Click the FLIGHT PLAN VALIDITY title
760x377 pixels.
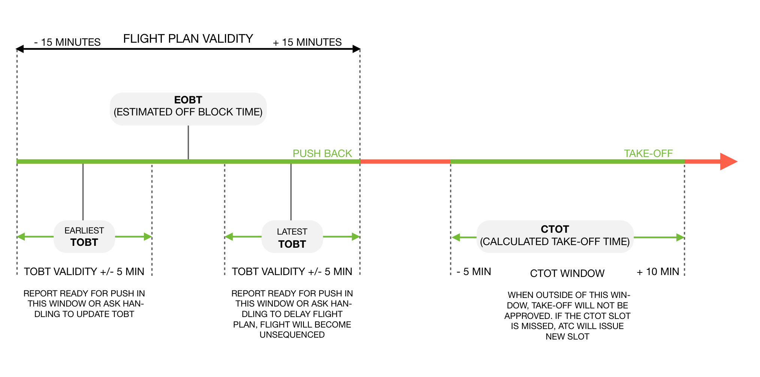tap(188, 39)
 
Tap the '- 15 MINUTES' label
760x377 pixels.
tap(67, 42)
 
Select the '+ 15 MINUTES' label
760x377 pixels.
tap(307, 42)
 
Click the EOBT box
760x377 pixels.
tap(188, 109)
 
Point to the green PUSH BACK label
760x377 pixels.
tap(322, 153)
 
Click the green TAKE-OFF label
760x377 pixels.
tap(648, 153)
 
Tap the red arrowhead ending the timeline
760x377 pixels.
tap(729, 162)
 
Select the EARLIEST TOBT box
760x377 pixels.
tap(84, 236)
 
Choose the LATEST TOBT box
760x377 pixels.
tap(292, 236)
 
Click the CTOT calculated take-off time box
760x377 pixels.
tap(555, 236)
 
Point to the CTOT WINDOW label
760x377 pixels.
tap(567, 273)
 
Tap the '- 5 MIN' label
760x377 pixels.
tap(474, 271)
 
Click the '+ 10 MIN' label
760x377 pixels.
tap(658, 271)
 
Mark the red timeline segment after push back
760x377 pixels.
tap(405, 162)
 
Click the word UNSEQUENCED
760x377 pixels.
tap(292, 335)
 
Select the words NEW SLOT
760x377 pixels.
tap(567, 337)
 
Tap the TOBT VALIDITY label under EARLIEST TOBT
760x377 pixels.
tap(84, 271)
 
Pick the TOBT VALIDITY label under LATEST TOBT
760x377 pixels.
tap(292, 271)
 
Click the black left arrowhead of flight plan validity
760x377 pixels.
tap(20, 49)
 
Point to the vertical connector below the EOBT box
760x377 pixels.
tap(188, 142)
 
